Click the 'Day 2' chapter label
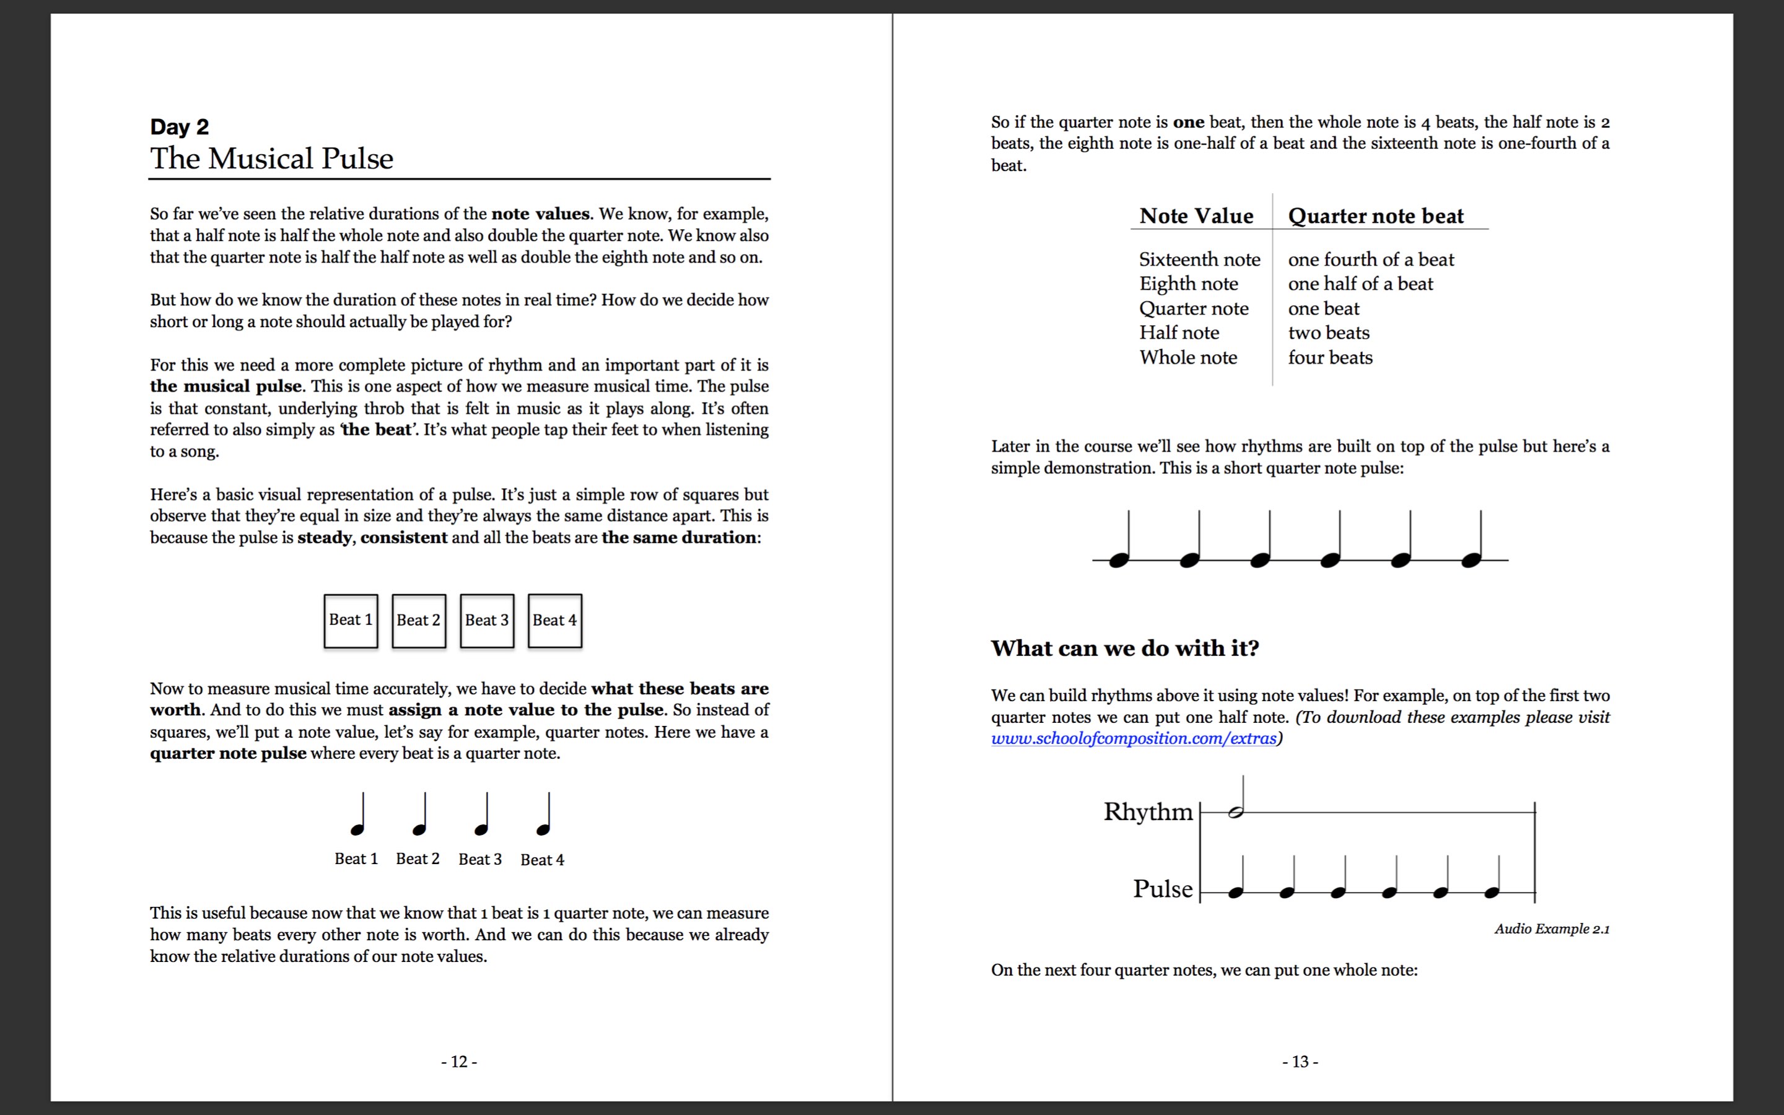[x=179, y=127]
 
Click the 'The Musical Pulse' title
[x=271, y=159]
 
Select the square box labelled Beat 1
[x=351, y=621]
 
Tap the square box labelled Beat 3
[x=486, y=621]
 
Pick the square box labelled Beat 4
[x=554, y=621]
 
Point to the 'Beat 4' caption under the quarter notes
[x=542, y=860]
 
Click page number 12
[x=458, y=1062]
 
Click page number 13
[x=1300, y=1062]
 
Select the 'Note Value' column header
[x=1196, y=216]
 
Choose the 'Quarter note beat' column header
[x=1376, y=216]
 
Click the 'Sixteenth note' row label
[x=1199, y=260]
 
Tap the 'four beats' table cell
[x=1330, y=357]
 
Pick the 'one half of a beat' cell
[x=1360, y=284]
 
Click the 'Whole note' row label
[x=1187, y=357]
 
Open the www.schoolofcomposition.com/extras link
[x=1133, y=739]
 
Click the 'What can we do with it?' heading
[x=1124, y=648]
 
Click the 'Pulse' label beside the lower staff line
[x=1163, y=889]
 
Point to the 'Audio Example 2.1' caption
[x=1552, y=929]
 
